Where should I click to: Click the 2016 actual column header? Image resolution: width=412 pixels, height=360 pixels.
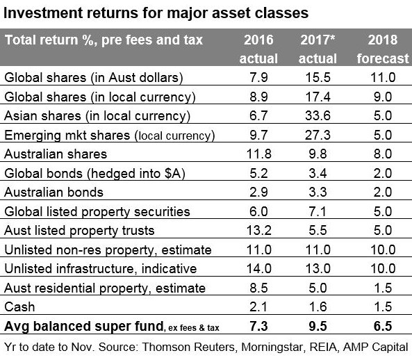[258, 49]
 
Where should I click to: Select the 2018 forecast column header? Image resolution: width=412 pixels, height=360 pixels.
[383, 49]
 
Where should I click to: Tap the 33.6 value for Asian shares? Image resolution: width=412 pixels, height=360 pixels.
[318, 115]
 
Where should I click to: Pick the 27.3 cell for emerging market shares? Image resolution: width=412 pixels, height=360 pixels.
[318, 135]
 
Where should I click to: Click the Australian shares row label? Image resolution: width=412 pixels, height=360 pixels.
[56, 154]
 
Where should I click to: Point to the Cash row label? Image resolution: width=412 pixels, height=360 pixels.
[19, 307]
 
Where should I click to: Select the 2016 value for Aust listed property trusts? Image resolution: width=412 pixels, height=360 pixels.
[259, 231]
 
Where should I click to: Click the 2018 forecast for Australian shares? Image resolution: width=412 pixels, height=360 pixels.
[383, 154]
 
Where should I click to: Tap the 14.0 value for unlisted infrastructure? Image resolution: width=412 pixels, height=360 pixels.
[259, 268]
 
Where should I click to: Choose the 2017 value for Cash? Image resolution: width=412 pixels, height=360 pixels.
[318, 307]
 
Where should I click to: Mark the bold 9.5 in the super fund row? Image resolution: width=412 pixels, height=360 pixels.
[318, 326]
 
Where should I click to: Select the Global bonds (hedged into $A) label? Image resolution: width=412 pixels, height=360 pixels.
[95, 174]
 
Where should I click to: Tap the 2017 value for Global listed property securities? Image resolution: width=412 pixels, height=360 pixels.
[318, 211]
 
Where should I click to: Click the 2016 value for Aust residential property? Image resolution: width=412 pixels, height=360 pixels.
[259, 288]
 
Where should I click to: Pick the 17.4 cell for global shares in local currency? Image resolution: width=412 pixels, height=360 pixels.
[318, 97]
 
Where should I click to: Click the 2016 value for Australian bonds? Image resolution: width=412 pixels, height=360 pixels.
[259, 193]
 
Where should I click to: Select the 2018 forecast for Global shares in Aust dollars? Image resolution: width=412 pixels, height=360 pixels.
[383, 78]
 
